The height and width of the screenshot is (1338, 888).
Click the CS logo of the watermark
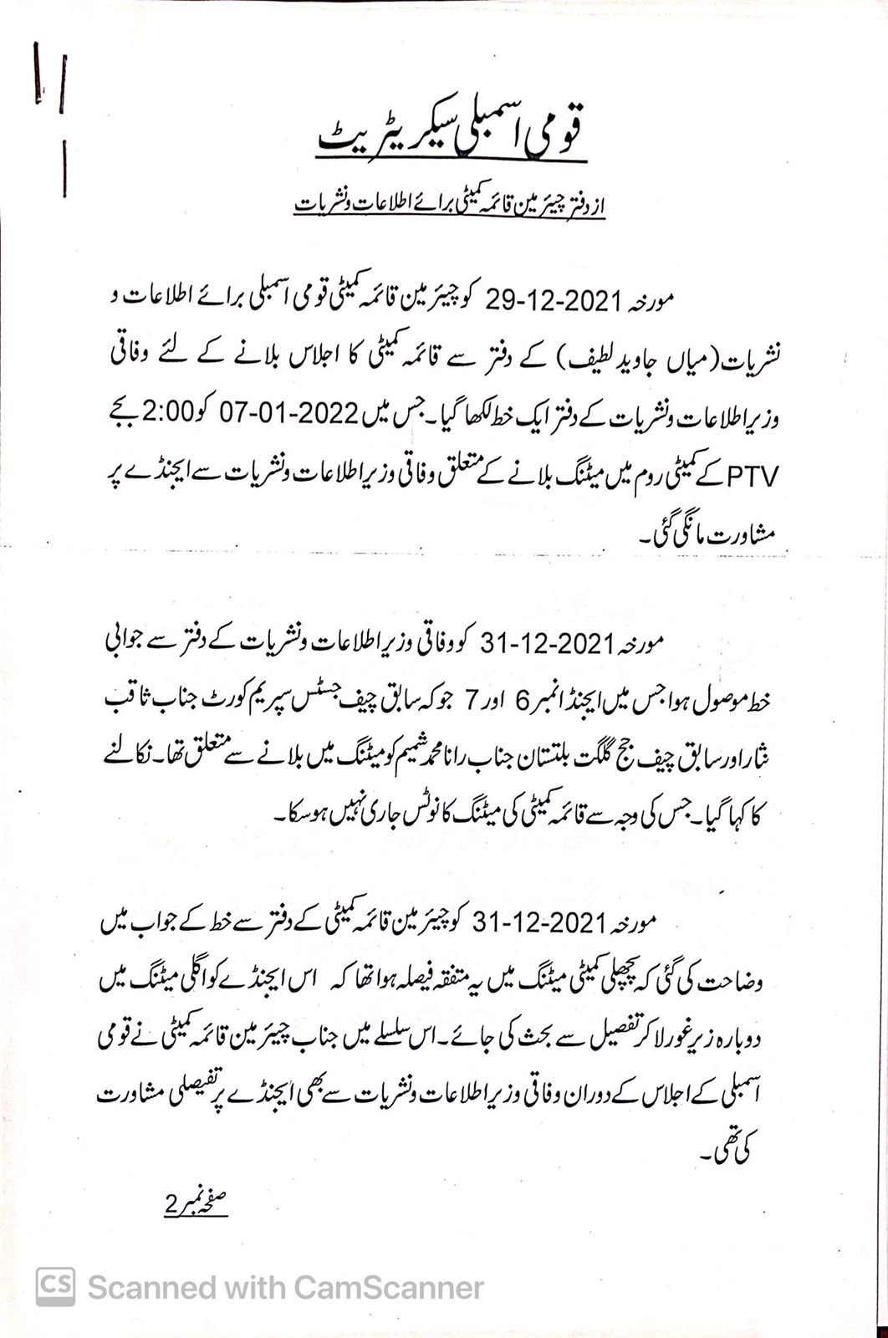pos(55,1286)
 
